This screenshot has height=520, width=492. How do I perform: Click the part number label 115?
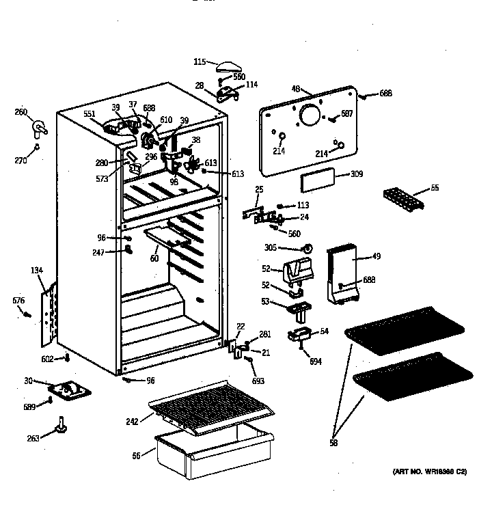pyautogui.click(x=200, y=62)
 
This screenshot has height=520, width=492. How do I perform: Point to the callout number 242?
pyautogui.click(x=132, y=421)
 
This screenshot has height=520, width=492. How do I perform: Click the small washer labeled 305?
pyautogui.click(x=308, y=247)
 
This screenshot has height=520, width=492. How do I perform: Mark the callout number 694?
pyautogui.click(x=315, y=361)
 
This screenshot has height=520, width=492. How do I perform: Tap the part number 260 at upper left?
pyautogui.click(x=21, y=112)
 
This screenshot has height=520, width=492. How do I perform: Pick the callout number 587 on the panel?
pyautogui.click(x=346, y=114)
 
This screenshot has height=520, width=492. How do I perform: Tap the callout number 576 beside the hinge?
pyautogui.click(x=18, y=300)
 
